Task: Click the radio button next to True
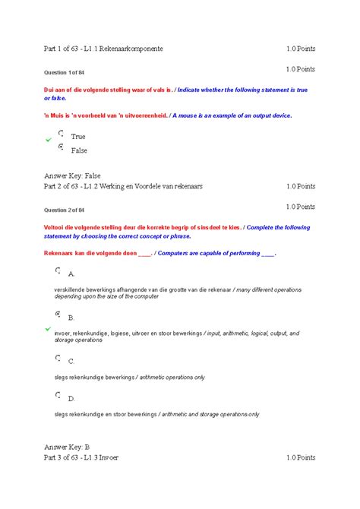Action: [60, 132]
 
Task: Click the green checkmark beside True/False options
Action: [48, 141]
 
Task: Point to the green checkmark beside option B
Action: [48, 328]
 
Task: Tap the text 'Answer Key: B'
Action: [68, 447]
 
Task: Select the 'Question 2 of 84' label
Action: [67, 210]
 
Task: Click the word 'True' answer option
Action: [77, 137]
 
